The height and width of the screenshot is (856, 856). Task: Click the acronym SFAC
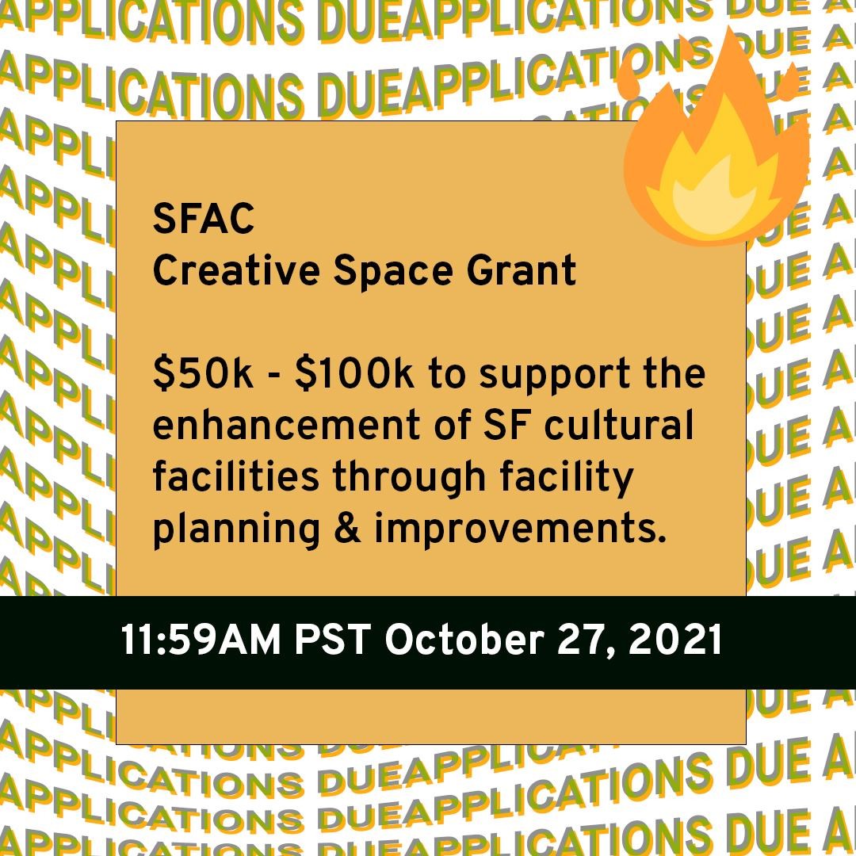(204, 220)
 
